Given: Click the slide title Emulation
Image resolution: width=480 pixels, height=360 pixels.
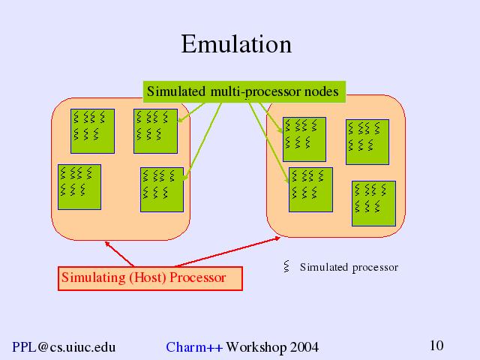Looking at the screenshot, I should click(236, 44).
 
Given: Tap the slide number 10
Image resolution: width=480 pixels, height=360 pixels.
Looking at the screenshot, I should click(436, 346).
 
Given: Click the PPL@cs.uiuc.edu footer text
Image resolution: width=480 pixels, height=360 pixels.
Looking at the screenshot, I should click(64, 346).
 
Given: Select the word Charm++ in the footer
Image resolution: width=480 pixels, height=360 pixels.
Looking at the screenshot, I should click(193, 346).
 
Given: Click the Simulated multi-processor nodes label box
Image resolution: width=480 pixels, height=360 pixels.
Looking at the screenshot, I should click(243, 91).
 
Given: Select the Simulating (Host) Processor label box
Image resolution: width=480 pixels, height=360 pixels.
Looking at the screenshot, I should click(151, 277).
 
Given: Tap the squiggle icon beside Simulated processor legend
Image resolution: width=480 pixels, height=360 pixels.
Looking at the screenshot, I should click(286, 266).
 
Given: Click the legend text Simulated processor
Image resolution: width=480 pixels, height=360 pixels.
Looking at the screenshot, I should click(349, 267).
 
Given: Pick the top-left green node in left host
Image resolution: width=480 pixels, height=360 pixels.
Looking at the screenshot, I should click(92, 130).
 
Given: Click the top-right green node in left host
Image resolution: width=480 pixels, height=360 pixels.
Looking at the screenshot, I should click(155, 130).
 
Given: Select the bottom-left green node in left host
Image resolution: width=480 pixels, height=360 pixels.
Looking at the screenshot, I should click(79, 187).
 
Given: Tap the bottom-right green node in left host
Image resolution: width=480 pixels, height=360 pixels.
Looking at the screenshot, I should click(162, 190).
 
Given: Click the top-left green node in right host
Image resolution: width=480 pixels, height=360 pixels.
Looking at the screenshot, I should click(304, 139).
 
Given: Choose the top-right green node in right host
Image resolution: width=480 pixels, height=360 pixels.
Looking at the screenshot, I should click(367, 141).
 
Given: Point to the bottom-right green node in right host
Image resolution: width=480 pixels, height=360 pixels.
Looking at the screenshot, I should click(373, 202).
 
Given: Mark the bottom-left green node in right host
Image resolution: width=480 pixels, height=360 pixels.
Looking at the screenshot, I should click(310, 190).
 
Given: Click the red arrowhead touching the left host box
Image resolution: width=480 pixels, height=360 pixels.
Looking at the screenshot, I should click(107, 242).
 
